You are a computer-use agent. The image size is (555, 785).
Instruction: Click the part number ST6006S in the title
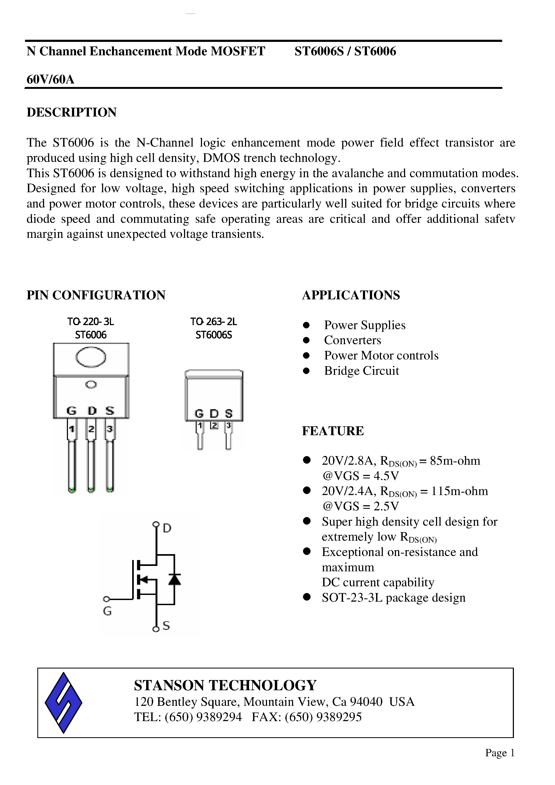click(319, 51)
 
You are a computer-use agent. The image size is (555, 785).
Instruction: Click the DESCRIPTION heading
click(71, 112)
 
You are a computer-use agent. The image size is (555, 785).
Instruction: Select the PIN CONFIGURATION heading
click(96, 295)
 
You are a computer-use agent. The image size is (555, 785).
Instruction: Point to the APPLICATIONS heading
click(351, 295)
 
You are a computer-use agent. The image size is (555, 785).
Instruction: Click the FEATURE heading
click(333, 431)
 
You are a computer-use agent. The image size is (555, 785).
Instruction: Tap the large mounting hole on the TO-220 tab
click(91, 357)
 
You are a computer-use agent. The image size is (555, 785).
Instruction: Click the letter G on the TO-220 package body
click(71, 410)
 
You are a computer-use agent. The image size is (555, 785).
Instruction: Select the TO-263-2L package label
click(214, 322)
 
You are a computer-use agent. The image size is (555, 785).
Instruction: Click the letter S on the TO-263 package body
click(229, 414)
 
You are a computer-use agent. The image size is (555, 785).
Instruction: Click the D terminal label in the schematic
click(167, 528)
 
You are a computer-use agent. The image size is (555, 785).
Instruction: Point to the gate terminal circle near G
click(106, 599)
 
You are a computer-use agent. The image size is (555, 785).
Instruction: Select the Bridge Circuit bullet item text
click(361, 370)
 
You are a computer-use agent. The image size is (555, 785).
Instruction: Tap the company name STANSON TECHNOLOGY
click(225, 685)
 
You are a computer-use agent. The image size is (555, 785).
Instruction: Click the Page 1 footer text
click(500, 753)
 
